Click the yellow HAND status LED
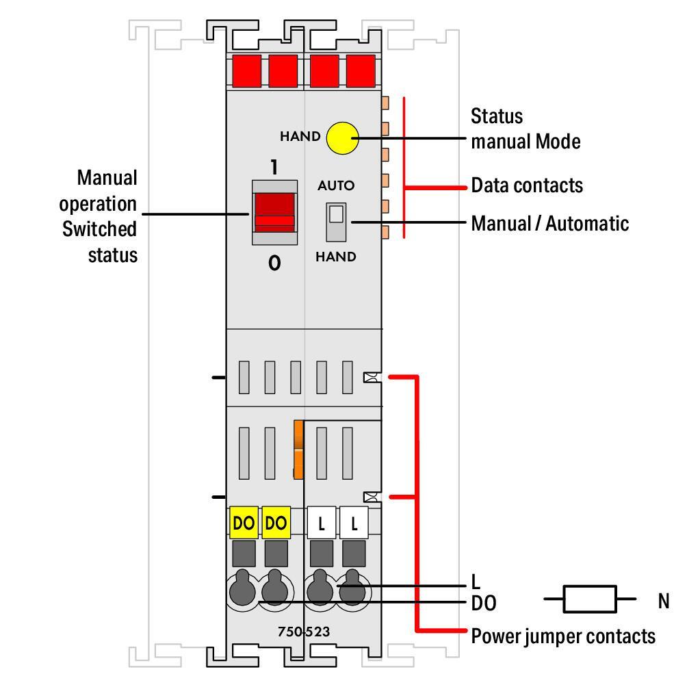tap(343, 138)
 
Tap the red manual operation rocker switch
tap(274, 213)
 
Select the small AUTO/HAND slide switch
tap(336, 222)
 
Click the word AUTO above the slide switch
tap(336, 185)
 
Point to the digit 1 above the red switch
tap(274, 167)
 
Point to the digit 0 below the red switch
tap(274, 263)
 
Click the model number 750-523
tap(304, 632)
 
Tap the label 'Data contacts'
tap(527, 185)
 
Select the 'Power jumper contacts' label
tap(563, 636)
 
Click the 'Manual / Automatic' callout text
tap(550, 224)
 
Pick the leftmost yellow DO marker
tap(244, 522)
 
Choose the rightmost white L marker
tap(354, 522)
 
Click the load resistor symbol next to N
tap(590, 599)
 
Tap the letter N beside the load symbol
tap(664, 601)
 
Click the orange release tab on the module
tap(298, 449)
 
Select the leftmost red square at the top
tap(246, 70)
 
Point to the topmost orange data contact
tap(385, 103)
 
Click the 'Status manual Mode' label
tap(526, 129)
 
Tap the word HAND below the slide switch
tap(336, 257)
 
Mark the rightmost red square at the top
tap(361, 70)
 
